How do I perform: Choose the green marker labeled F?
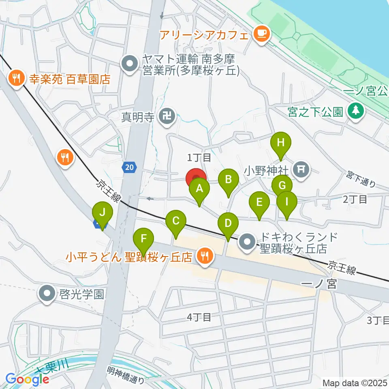click(143, 242)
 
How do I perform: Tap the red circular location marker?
click(196, 179)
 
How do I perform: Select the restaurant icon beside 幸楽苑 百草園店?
click(17, 78)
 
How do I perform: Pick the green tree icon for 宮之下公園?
click(356, 110)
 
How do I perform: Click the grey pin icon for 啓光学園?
click(47, 293)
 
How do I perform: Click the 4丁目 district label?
click(199, 317)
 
